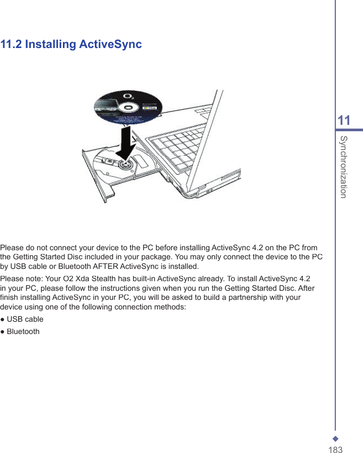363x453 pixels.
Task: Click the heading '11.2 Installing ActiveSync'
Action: coord(71,44)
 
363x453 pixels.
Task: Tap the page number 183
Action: coord(335,443)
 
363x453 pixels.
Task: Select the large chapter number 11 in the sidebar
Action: coord(344,121)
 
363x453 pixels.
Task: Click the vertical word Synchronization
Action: coord(344,166)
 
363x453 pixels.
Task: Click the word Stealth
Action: coord(84,279)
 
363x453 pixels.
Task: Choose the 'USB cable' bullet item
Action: coord(25,319)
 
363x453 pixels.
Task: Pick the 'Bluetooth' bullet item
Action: coord(22,331)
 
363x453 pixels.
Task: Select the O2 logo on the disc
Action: coord(128,98)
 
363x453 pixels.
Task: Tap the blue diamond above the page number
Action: coord(335,431)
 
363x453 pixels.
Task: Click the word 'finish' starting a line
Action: coord(9,298)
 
